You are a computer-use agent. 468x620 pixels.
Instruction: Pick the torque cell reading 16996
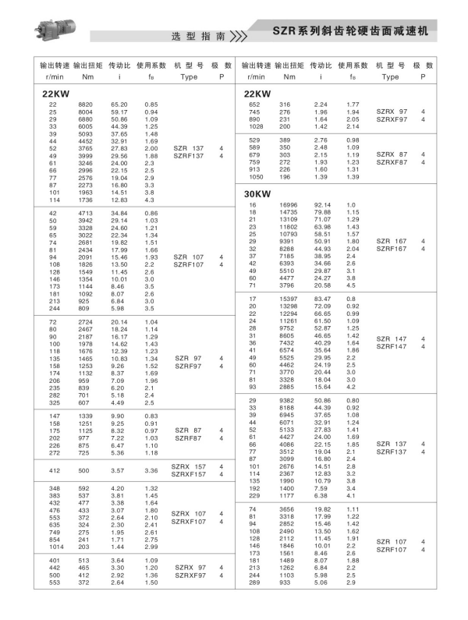click(289, 204)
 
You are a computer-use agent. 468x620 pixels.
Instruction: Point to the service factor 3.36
click(151, 471)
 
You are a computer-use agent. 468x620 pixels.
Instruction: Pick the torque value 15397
click(289, 299)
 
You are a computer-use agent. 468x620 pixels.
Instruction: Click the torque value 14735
click(289, 212)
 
